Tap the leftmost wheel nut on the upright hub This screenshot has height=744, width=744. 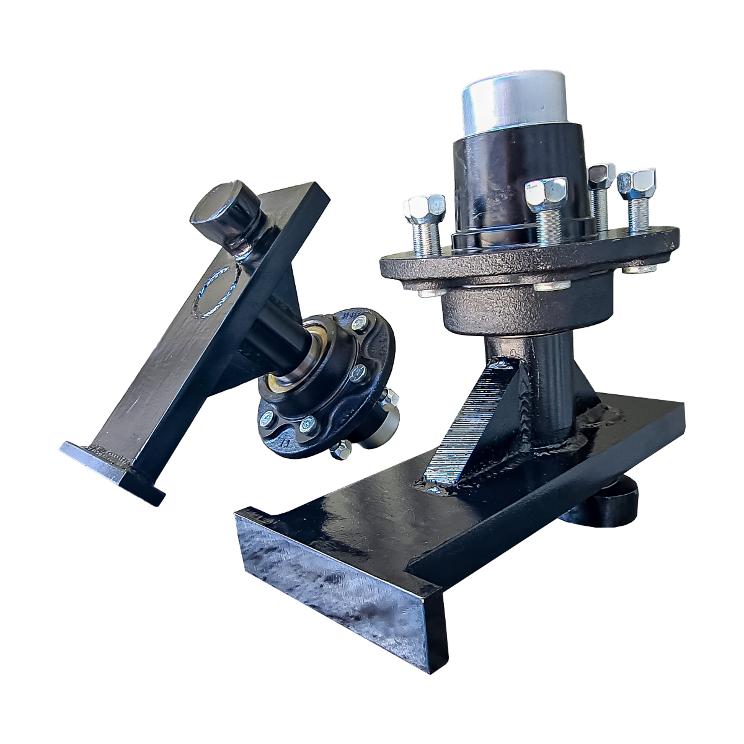tap(424, 210)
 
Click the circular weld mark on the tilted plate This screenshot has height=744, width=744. tap(215, 292)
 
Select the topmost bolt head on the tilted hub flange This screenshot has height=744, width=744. tap(359, 324)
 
